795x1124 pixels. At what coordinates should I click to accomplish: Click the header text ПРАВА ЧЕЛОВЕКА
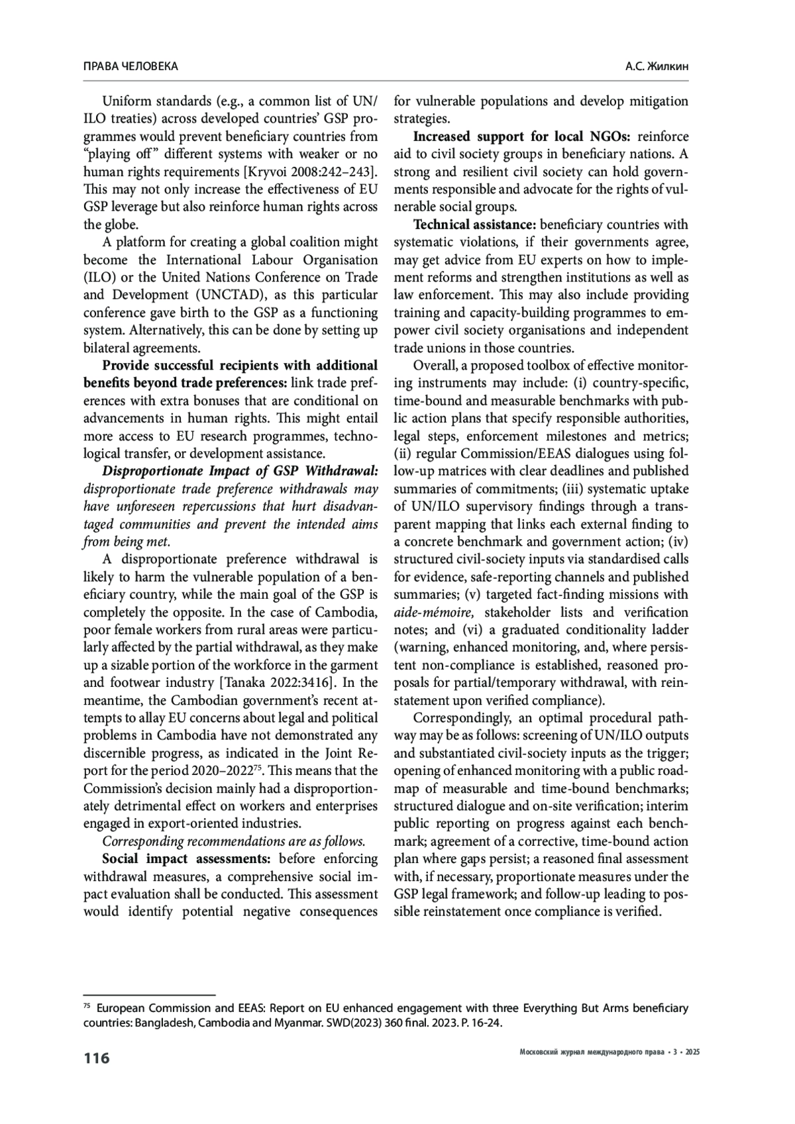(131, 66)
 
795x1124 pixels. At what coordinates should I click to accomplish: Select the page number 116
(97, 1058)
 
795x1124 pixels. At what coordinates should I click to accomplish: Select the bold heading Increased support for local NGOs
(523, 136)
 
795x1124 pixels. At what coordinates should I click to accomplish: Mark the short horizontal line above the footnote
(150, 995)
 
